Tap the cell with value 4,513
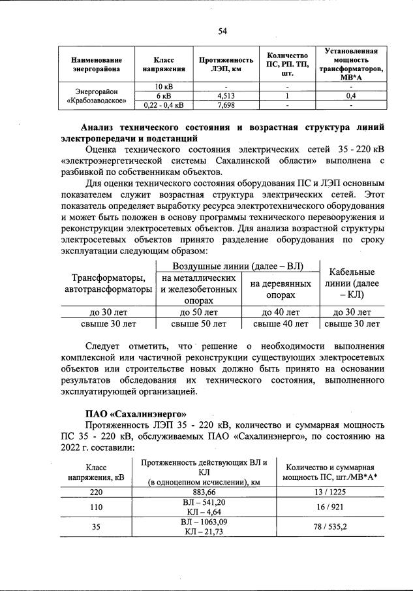225,95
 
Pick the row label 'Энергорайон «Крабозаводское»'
96,96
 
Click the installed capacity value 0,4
350,95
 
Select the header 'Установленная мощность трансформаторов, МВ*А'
350,63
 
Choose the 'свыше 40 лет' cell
281,323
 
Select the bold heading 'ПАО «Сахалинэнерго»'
136,413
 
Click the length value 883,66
204,492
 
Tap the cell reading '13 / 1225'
329,492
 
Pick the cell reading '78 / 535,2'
329,527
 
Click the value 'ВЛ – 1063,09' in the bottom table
205,522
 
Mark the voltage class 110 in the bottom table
96,507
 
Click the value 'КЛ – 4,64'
205,512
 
